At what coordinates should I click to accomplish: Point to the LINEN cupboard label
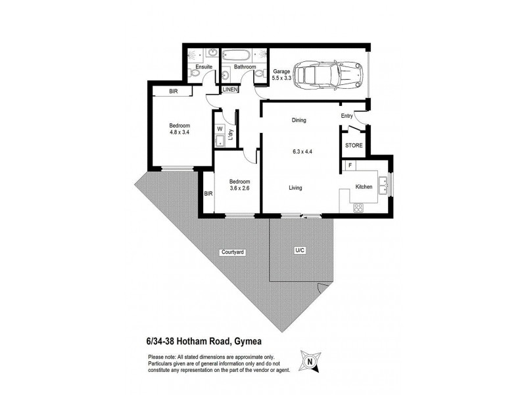coord(230,90)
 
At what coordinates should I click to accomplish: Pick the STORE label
coord(353,145)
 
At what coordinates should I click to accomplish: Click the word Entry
coord(347,117)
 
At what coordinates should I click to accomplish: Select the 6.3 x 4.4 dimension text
coord(302,151)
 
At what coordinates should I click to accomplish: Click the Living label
coord(295,188)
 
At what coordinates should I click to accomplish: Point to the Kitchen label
coord(364,187)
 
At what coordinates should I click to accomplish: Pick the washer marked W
coord(220,129)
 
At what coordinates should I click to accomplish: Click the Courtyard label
coord(233,252)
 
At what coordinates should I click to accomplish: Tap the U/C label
coord(300,251)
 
